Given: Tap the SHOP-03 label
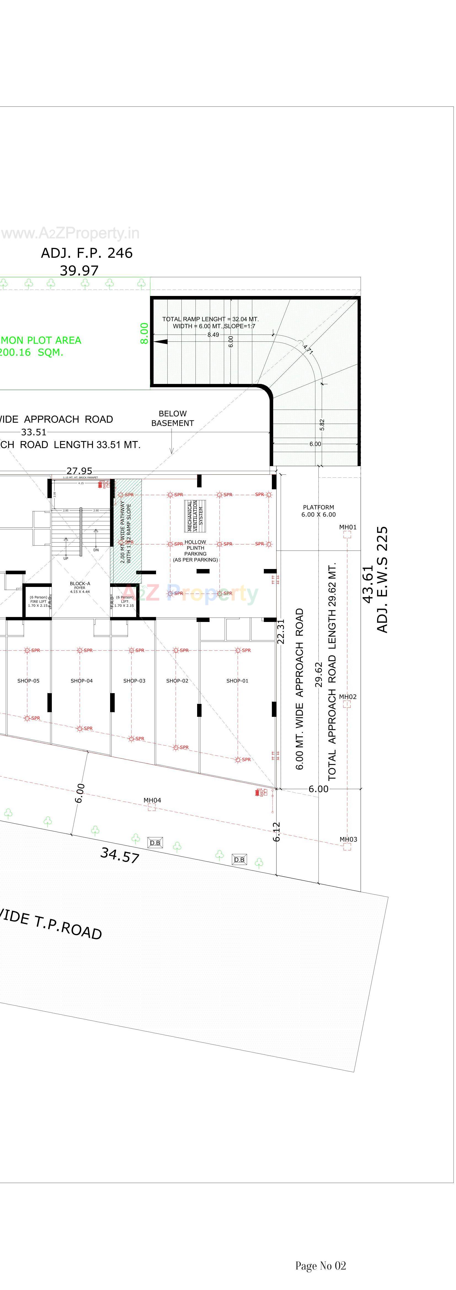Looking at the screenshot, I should [x=134, y=680].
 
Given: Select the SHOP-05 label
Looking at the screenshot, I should [x=28, y=680].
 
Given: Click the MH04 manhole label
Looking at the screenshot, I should [x=152, y=800].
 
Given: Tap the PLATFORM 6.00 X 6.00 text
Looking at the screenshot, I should [x=318, y=511].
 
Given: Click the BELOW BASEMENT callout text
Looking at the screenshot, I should [x=172, y=418].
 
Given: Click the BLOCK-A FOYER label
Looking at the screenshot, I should [x=80, y=587].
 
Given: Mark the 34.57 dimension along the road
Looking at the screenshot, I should [x=120, y=855].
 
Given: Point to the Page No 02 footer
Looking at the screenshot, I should [x=320, y=1265].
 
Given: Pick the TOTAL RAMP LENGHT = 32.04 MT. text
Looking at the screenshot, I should [x=210, y=319].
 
